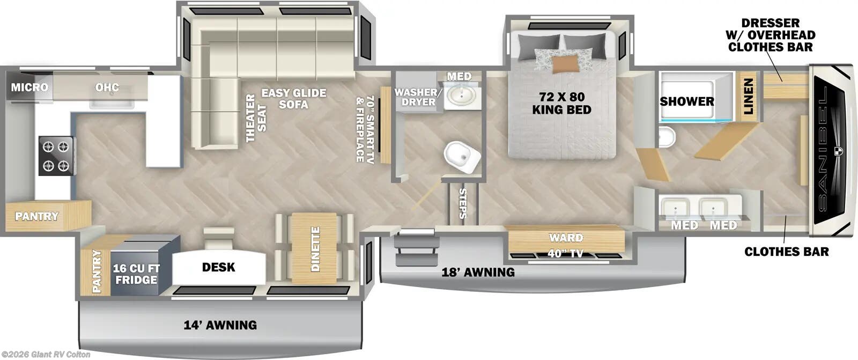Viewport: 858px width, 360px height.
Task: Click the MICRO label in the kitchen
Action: [x=29, y=87]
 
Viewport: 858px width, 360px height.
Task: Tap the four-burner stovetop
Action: [x=56, y=156]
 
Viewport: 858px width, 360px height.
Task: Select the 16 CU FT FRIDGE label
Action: [x=136, y=274]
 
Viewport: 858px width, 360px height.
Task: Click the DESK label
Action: [x=218, y=267]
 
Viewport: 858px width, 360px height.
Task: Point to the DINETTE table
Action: [x=315, y=248]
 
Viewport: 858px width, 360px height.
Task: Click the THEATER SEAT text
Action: [x=256, y=119]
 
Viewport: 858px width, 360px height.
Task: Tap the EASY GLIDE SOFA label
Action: [x=293, y=98]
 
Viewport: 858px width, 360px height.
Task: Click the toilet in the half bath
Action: [x=462, y=157]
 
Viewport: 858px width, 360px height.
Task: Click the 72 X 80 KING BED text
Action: [x=561, y=103]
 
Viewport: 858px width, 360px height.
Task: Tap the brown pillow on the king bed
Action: [x=566, y=64]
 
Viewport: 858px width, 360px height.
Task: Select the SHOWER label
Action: [x=686, y=101]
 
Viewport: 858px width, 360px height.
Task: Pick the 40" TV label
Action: [x=565, y=253]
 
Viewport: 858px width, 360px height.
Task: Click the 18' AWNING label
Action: [x=477, y=272]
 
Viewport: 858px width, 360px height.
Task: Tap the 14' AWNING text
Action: [x=220, y=325]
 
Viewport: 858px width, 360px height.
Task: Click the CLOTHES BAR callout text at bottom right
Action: [x=786, y=251]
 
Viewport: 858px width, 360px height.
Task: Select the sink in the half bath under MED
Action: [x=460, y=96]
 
